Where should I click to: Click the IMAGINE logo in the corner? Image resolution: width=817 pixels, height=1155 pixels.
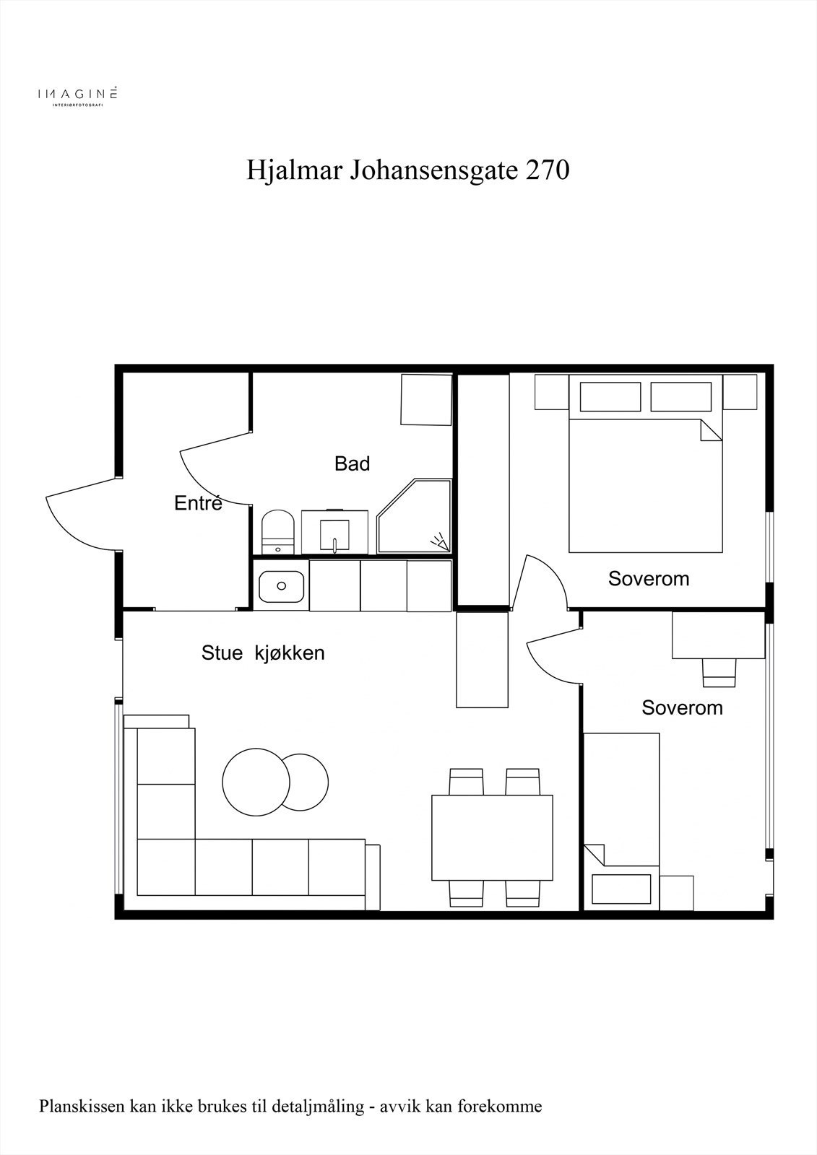pos(78,95)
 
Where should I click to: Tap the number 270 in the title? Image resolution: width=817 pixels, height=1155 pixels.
pos(548,171)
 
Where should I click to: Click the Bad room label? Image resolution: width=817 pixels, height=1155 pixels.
pos(352,463)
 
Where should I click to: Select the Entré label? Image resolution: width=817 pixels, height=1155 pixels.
pos(198,503)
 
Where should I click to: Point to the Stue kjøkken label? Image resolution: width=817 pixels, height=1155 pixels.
pos(263,653)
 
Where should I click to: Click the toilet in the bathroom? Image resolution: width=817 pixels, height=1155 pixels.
pos(277,532)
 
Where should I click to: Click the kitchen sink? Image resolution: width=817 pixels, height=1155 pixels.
pos(282,586)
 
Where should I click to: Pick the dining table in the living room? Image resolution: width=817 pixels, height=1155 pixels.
pos(492,837)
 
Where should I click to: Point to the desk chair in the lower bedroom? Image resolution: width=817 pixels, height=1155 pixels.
pos(719,674)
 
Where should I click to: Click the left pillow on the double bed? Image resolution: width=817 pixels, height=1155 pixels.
pos(610,396)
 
